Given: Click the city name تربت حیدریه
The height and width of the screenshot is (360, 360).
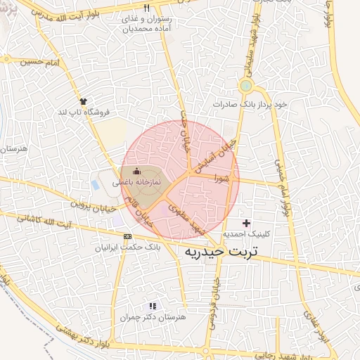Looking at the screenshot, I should (221, 251).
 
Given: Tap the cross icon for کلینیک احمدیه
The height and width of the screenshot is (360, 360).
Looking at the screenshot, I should (245, 223).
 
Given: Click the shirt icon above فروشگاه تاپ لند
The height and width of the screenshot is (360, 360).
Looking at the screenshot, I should (83, 101).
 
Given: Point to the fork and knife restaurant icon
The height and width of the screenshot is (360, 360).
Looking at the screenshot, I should (147, 8).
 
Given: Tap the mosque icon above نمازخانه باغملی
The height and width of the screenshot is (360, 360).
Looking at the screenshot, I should (136, 171).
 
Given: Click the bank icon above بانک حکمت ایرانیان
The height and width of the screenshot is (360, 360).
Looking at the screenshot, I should (127, 237).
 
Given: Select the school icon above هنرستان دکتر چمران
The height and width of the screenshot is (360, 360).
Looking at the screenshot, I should (152, 306).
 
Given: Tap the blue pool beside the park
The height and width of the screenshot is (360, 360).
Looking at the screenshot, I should (95, 185).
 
